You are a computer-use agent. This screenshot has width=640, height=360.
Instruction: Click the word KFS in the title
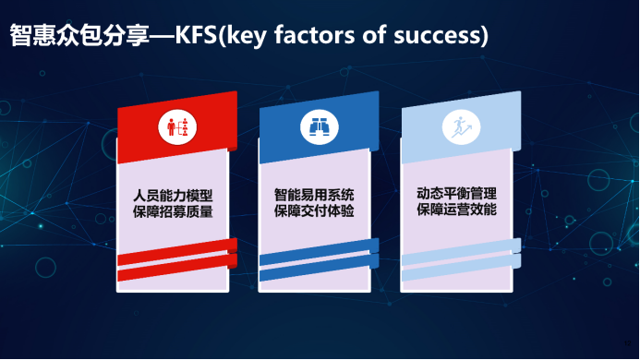click(196, 35)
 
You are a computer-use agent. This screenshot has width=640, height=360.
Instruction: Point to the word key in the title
click(247, 36)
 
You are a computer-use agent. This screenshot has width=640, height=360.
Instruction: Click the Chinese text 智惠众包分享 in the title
click(79, 35)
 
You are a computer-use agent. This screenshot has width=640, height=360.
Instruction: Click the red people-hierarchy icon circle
click(177, 127)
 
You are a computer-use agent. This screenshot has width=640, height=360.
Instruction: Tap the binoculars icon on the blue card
click(320, 127)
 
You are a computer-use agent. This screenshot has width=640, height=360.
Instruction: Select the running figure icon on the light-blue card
click(461, 127)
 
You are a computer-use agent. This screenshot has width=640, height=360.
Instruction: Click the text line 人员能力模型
click(173, 196)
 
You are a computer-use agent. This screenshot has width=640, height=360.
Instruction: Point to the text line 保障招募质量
click(173, 211)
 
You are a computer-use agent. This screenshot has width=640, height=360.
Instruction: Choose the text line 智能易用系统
click(314, 195)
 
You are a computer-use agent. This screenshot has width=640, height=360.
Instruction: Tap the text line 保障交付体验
click(314, 211)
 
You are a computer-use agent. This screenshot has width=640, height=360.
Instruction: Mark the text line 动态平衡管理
click(456, 194)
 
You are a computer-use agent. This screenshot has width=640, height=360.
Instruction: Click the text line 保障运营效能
click(456, 210)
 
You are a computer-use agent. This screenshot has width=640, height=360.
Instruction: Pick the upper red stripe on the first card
click(177, 252)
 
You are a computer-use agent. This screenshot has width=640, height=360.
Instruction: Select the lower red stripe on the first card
click(177, 268)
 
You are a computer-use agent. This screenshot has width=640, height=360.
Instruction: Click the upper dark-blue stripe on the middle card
click(320, 252)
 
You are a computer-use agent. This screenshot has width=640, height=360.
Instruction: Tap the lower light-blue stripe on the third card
click(461, 268)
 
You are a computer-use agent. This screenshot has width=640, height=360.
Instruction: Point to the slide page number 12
click(627, 343)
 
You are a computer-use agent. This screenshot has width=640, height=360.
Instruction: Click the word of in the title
click(374, 35)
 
